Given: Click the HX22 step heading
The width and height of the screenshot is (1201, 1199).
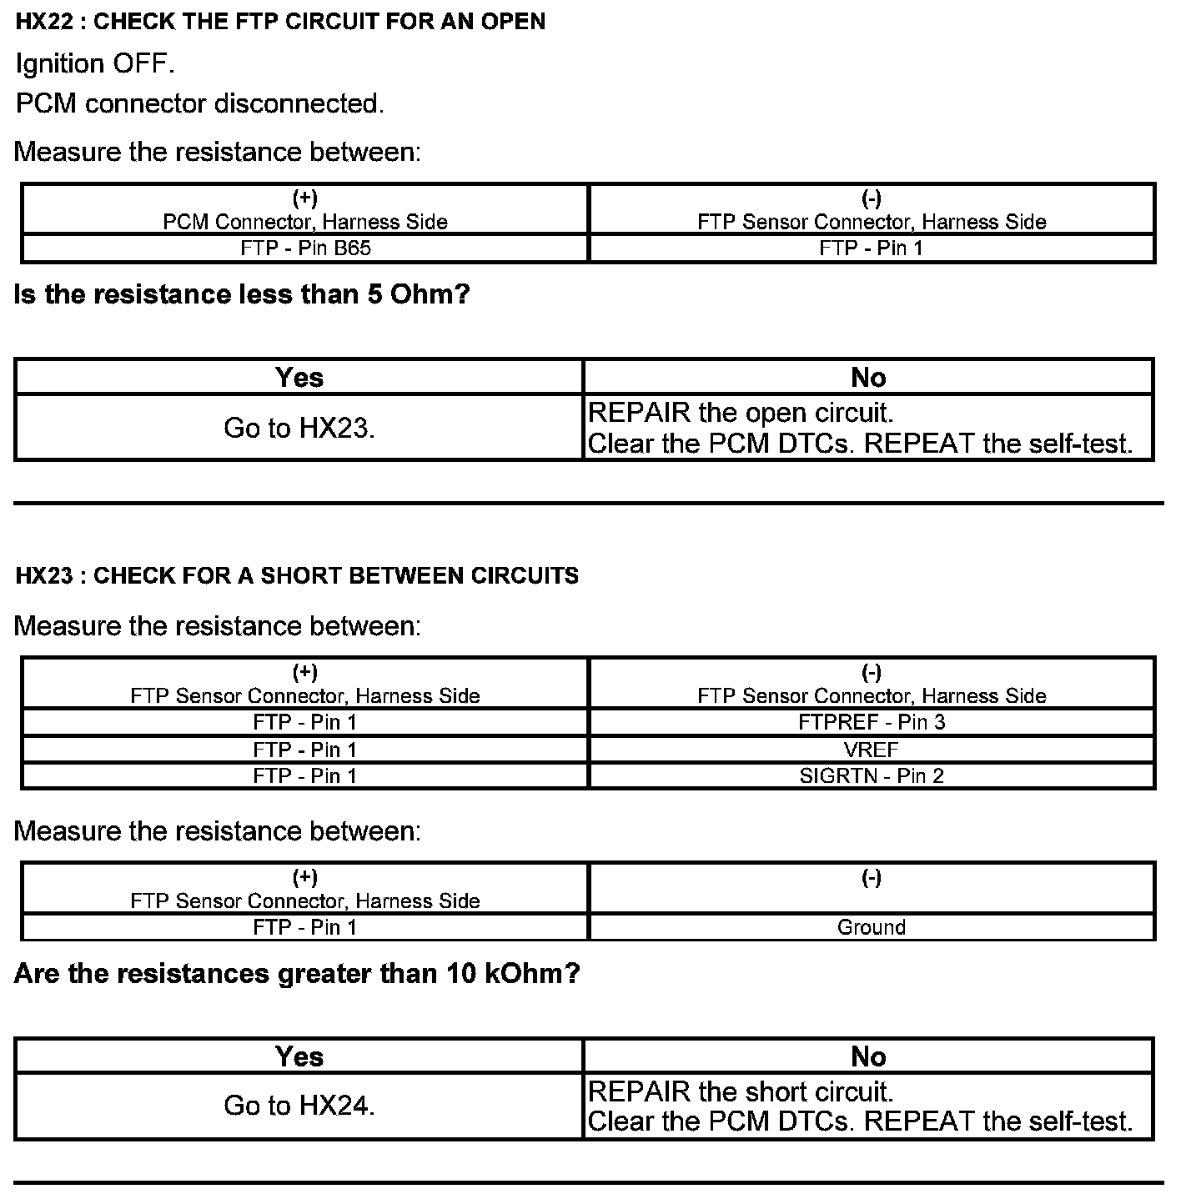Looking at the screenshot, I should pos(280,22).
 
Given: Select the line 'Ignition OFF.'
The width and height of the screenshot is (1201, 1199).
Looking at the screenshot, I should pos(95,63).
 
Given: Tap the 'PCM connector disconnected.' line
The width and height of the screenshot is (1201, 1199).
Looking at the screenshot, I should pos(200,103).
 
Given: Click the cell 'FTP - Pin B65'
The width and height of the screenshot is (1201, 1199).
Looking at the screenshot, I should pos(305,248).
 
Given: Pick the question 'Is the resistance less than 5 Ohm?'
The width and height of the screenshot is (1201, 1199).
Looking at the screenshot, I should pos(242,294).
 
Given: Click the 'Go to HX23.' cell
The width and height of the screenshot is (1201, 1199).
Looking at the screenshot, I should pos(299,428).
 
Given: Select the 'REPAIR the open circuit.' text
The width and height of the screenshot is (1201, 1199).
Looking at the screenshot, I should pos(741,413).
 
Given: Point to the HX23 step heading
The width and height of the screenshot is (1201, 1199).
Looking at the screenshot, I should pos(297,575).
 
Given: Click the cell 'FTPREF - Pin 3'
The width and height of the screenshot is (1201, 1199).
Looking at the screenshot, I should pos(872,722).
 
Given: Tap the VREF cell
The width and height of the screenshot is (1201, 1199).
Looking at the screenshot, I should pos(872,749).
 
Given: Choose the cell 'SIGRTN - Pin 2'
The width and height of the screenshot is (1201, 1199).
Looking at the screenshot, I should pos(872,775).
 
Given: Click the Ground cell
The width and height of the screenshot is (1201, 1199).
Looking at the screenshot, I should pos(872,927).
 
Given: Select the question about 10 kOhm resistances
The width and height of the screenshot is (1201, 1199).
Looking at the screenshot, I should pos(297,973).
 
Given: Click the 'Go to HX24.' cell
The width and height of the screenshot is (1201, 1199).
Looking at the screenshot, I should pos(299,1106).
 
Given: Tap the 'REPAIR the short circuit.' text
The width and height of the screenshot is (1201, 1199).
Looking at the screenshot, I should pos(741,1091).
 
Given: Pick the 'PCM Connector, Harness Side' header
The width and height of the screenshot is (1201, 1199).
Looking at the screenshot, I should pos(305,222).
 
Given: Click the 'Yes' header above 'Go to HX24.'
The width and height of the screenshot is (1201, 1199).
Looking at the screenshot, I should pos(299,1056).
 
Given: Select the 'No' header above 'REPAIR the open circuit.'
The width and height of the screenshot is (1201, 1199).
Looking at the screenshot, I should pos(868,378).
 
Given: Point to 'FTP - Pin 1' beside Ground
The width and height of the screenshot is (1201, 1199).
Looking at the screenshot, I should pos(305,927).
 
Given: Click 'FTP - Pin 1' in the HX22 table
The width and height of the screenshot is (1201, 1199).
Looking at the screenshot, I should pos(872,248).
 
